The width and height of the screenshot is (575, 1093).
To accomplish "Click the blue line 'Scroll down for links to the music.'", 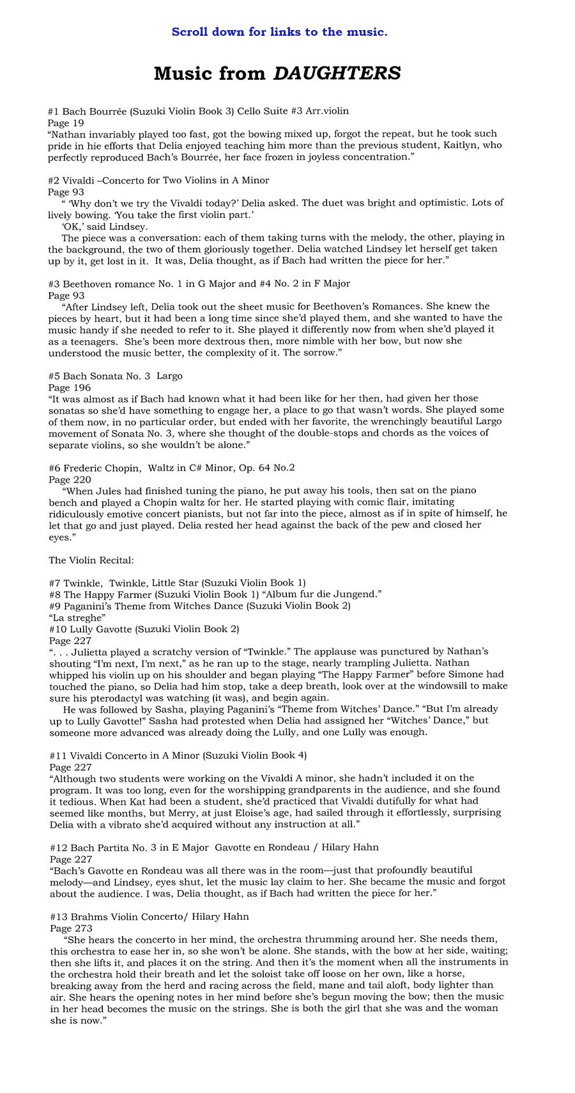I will pyautogui.click(x=279, y=32).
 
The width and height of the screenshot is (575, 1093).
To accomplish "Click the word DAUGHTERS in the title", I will pyautogui.click(x=337, y=74).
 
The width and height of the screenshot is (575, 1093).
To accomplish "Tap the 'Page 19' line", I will pyautogui.click(x=66, y=123).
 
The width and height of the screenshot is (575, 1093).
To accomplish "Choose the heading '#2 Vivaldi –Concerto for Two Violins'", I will pyautogui.click(x=158, y=180).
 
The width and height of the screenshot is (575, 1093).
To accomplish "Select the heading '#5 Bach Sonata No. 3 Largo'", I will pyautogui.click(x=115, y=376).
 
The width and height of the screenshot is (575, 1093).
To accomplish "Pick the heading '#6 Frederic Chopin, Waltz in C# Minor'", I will pyautogui.click(x=171, y=468).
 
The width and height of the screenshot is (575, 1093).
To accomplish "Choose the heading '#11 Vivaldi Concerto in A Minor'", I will pyautogui.click(x=178, y=756).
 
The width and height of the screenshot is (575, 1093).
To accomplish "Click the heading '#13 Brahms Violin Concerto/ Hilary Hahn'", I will pyautogui.click(x=149, y=917).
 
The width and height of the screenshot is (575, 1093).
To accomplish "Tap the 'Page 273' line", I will pyautogui.click(x=70, y=928).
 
